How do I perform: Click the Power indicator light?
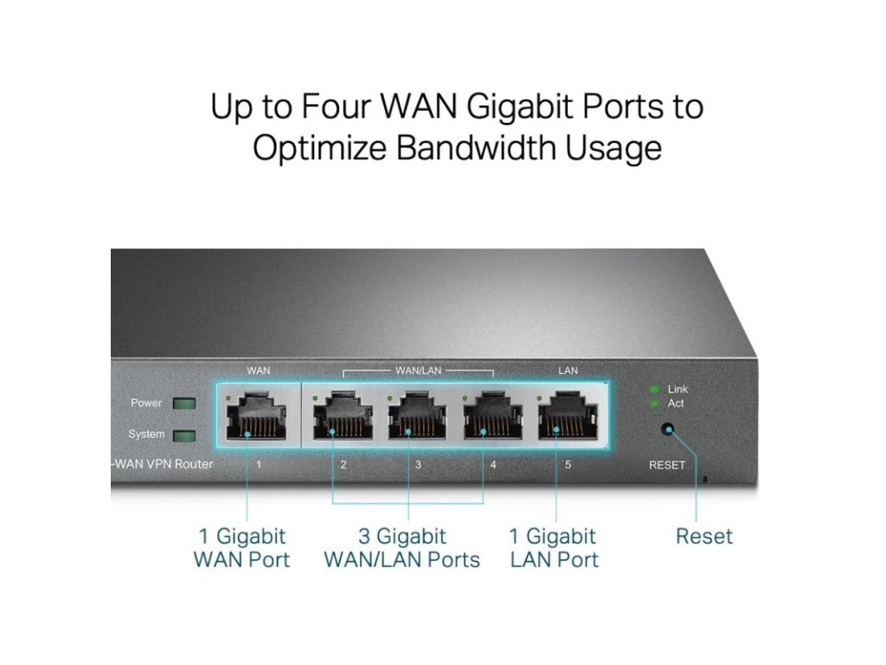[184, 404]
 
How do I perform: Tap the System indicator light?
[184, 435]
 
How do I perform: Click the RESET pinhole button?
[667, 429]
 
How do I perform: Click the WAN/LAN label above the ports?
[418, 371]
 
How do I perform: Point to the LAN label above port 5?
[568, 371]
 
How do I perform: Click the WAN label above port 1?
[258, 371]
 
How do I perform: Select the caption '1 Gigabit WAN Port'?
[241, 548]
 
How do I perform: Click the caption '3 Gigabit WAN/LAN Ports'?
[401, 548]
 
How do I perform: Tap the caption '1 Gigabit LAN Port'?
[555, 548]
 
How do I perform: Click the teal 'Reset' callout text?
[703, 537]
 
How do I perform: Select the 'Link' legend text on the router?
[677, 390]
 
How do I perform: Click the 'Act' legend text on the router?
[676, 404]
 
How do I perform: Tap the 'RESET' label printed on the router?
[666, 465]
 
